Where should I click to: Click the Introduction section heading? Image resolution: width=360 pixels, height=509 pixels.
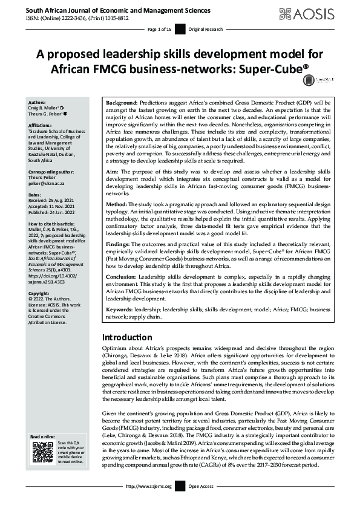(127, 337)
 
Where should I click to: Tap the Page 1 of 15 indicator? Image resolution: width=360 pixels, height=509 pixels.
(160, 29)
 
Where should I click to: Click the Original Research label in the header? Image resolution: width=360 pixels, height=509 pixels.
(206, 29)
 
